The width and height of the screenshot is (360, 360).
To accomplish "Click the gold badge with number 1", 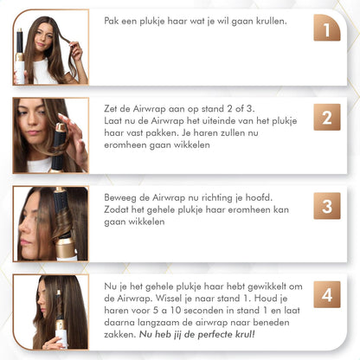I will pos(326,32).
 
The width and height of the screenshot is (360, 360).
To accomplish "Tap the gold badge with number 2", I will pos(326,117).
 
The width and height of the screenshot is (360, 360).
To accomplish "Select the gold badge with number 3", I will pos(326,206).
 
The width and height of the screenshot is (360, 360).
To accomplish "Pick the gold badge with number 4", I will pos(326,294).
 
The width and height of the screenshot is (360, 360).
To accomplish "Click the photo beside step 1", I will pos(50,48).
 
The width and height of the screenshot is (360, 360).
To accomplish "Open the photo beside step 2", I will pos(50,135).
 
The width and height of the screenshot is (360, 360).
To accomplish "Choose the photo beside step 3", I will pos(50,223).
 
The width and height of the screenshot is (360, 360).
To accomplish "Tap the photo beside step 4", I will pos(50,312).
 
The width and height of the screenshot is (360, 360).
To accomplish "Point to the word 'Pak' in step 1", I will pos(112,21).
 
